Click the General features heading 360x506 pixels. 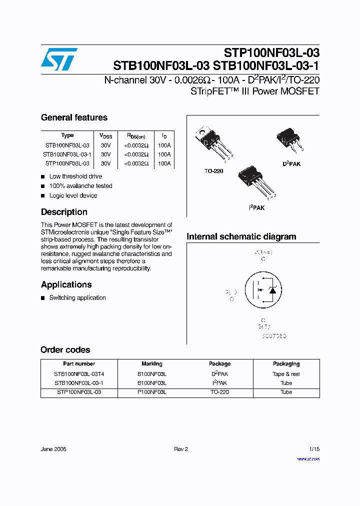coord(74,117)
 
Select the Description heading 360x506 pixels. coord(64,212)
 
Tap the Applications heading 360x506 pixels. coord(66,284)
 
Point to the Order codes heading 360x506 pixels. coord(65,350)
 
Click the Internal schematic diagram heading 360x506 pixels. coord(241,236)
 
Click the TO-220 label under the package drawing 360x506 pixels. coord(213,171)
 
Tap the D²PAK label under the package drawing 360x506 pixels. coord(291,164)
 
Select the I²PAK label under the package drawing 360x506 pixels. coord(256,207)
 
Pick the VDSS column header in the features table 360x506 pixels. coord(105,135)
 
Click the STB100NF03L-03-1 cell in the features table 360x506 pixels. coord(67,154)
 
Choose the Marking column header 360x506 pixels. coord(152,364)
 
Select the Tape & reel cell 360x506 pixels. coord(286,374)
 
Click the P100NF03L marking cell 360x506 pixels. coord(152,392)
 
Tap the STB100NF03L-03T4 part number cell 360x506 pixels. coord(79,374)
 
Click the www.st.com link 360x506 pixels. coord(308,459)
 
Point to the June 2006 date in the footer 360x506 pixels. coord(53,449)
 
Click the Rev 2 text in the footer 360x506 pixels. coord(181,449)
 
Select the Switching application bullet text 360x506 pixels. coord(77,298)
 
